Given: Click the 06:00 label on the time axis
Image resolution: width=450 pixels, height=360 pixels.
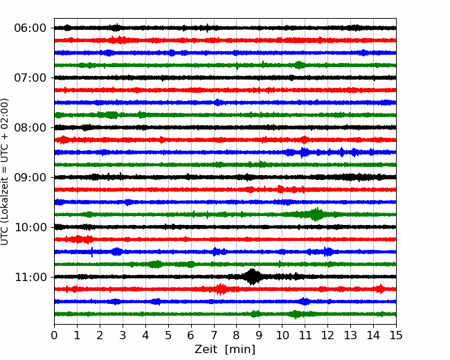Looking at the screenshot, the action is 30,28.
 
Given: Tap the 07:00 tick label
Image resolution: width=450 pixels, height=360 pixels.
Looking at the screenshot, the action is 30,78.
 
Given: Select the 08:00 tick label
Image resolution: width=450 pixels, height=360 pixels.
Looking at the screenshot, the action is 30,127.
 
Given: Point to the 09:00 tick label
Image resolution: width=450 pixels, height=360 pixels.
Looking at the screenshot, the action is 30,177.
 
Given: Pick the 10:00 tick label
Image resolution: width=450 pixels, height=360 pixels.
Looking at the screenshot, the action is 30,227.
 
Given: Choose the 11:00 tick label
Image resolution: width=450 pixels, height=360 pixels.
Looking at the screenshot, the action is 30,277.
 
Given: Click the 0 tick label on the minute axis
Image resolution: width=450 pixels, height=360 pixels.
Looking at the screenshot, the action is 54,335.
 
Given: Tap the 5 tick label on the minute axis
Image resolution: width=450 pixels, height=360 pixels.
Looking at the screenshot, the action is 168,335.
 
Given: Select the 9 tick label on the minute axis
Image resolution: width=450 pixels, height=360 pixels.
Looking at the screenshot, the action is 259,335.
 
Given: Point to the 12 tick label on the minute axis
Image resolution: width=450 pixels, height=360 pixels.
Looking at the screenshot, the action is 327,335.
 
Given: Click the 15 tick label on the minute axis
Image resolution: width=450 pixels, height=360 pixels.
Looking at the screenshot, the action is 396,335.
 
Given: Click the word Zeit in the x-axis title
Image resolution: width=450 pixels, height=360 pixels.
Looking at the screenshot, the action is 207,349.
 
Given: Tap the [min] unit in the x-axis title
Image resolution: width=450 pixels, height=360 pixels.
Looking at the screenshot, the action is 240,350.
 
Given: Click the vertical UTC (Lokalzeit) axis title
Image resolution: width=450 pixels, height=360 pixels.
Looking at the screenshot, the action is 5,172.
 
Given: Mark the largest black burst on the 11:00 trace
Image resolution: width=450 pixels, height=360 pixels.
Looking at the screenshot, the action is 252,277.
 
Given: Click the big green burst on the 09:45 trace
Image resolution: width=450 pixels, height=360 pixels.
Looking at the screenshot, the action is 316,214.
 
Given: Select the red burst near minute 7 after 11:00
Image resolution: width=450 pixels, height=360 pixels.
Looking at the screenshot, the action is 220,289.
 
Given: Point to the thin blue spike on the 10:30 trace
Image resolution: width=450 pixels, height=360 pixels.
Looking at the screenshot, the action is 92,252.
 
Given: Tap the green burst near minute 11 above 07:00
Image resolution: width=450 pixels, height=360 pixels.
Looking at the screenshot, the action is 299,65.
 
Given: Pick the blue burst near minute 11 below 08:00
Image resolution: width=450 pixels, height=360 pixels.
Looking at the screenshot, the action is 303,152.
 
